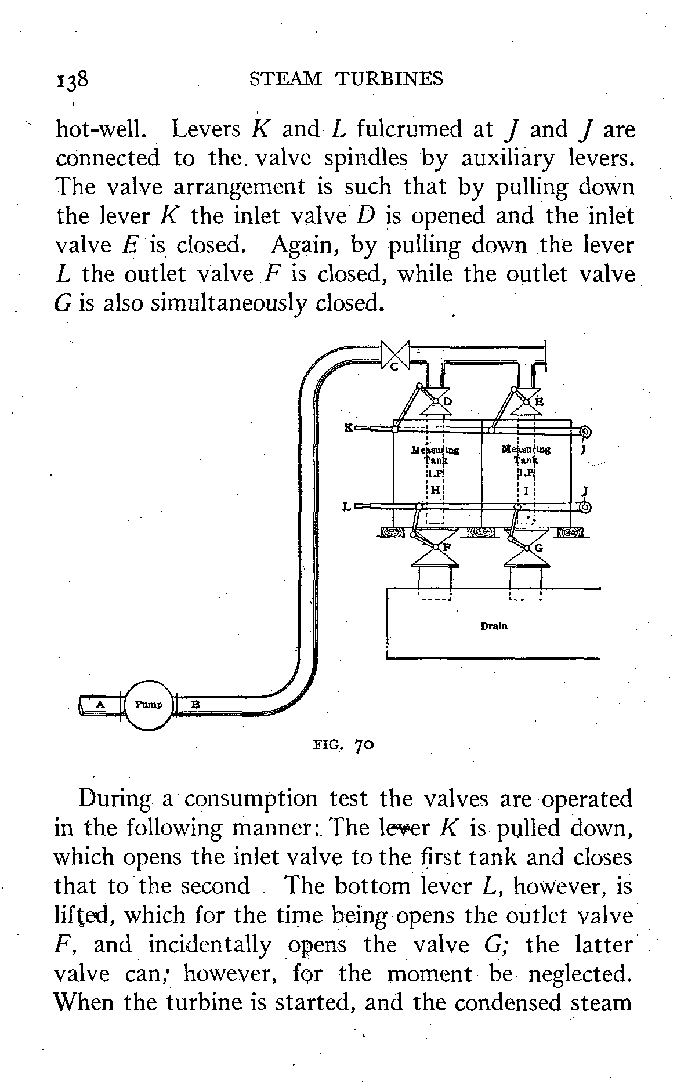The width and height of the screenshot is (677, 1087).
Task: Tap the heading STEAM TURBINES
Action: [x=346, y=78]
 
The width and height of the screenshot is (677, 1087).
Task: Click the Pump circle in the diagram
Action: [x=149, y=705]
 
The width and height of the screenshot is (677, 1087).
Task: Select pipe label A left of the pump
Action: [x=100, y=704]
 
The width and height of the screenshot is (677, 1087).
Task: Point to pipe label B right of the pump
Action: [x=196, y=705]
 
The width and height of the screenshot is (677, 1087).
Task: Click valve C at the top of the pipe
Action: [x=395, y=354]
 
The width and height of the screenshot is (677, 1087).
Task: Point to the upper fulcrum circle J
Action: [x=585, y=432]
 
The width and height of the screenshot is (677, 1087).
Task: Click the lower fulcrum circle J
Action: [x=585, y=508]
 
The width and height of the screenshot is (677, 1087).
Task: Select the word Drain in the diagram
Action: [x=494, y=626]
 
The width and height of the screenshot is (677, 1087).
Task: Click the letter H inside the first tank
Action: [x=436, y=490]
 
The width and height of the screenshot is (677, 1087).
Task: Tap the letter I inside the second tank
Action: [x=525, y=490]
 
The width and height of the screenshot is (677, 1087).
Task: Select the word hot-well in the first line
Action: [x=100, y=129]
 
